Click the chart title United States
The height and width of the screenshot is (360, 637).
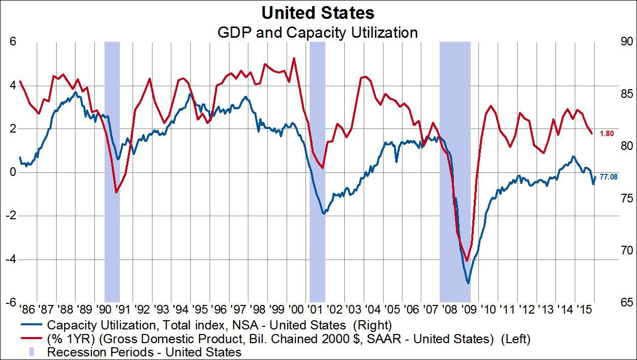pyautogui.click(x=318, y=12)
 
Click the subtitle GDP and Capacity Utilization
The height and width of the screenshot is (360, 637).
pyautogui.click(x=318, y=33)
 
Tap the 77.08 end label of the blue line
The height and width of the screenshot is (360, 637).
pyautogui.click(x=608, y=177)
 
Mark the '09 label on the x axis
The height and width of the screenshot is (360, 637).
pyautogui.click(x=469, y=310)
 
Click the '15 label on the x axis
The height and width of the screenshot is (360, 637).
pyautogui.click(x=584, y=310)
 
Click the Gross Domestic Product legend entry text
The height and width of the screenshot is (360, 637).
pyautogui.click(x=288, y=338)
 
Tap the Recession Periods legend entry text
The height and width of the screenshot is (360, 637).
pyautogui.click(x=144, y=351)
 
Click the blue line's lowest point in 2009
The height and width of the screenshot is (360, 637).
pyautogui.click(x=468, y=283)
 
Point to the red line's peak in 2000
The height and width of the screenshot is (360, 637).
pyautogui.click(x=294, y=58)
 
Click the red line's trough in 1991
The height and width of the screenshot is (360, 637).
pyautogui.click(x=116, y=192)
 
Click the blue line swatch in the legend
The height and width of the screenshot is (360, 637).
pyautogui.click(x=32, y=325)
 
